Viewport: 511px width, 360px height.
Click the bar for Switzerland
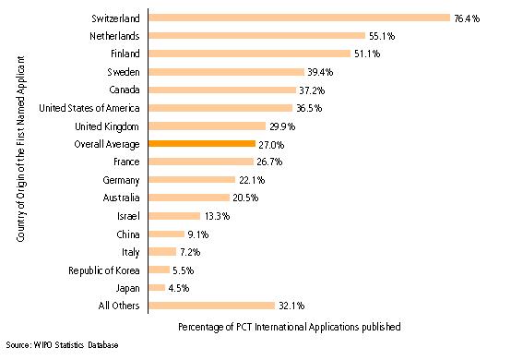point(298,18)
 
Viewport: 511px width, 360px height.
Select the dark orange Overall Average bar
point(201,144)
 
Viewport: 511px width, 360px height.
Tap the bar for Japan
point(156,287)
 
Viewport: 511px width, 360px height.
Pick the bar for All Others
point(210,306)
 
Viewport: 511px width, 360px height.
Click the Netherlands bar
point(256,36)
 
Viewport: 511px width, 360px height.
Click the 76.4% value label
point(466,18)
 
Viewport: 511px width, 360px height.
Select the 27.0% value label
point(271,144)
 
